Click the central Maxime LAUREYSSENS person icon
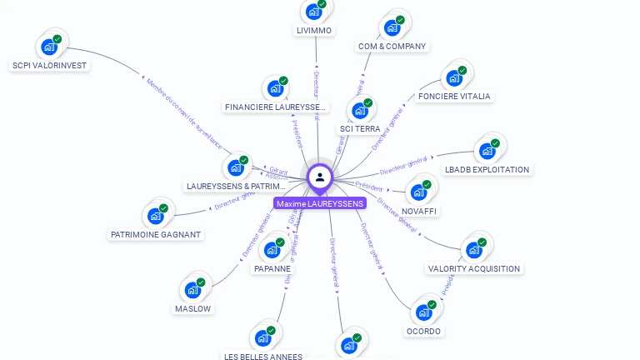(320, 177)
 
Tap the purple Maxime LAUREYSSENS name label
(320, 203)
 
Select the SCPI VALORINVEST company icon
(49, 47)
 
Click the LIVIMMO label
(314, 31)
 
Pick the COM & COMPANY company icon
(392, 27)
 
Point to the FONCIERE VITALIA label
(455, 96)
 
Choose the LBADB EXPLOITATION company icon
(487, 152)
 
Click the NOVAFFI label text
(419, 211)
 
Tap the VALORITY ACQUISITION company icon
(474, 249)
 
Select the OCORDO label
(423, 331)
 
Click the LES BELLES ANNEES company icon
(262, 337)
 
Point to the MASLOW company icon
(192, 290)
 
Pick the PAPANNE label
(272, 268)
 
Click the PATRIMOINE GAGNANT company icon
(155, 216)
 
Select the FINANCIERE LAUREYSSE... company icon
(275, 88)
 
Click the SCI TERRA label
(360, 129)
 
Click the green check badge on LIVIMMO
(322, 4)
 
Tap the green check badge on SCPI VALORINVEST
(57, 39)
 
